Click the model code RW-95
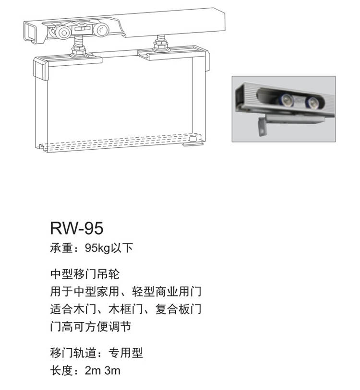pos(76,228)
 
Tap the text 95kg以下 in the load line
pos(108,248)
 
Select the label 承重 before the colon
pos(60,248)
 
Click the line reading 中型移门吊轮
pos(84,274)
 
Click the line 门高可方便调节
pos(91,327)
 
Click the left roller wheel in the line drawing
pos(63,33)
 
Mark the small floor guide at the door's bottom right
pos(192,141)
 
